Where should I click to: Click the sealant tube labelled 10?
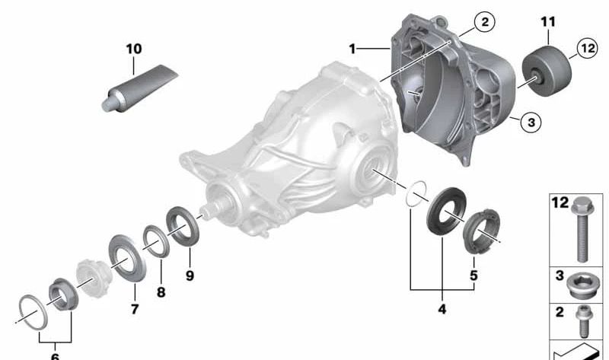(x=139, y=89)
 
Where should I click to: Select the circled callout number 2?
(x=484, y=22)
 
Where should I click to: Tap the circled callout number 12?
(x=587, y=48)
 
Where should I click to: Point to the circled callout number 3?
(x=531, y=123)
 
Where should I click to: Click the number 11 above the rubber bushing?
(x=548, y=22)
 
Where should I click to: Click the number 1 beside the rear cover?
(x=352, y=49)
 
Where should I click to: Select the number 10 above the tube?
(x=134, y=49)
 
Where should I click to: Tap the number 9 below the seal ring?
(x=190, y=276)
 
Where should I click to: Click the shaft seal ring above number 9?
(x=183, y=226)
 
